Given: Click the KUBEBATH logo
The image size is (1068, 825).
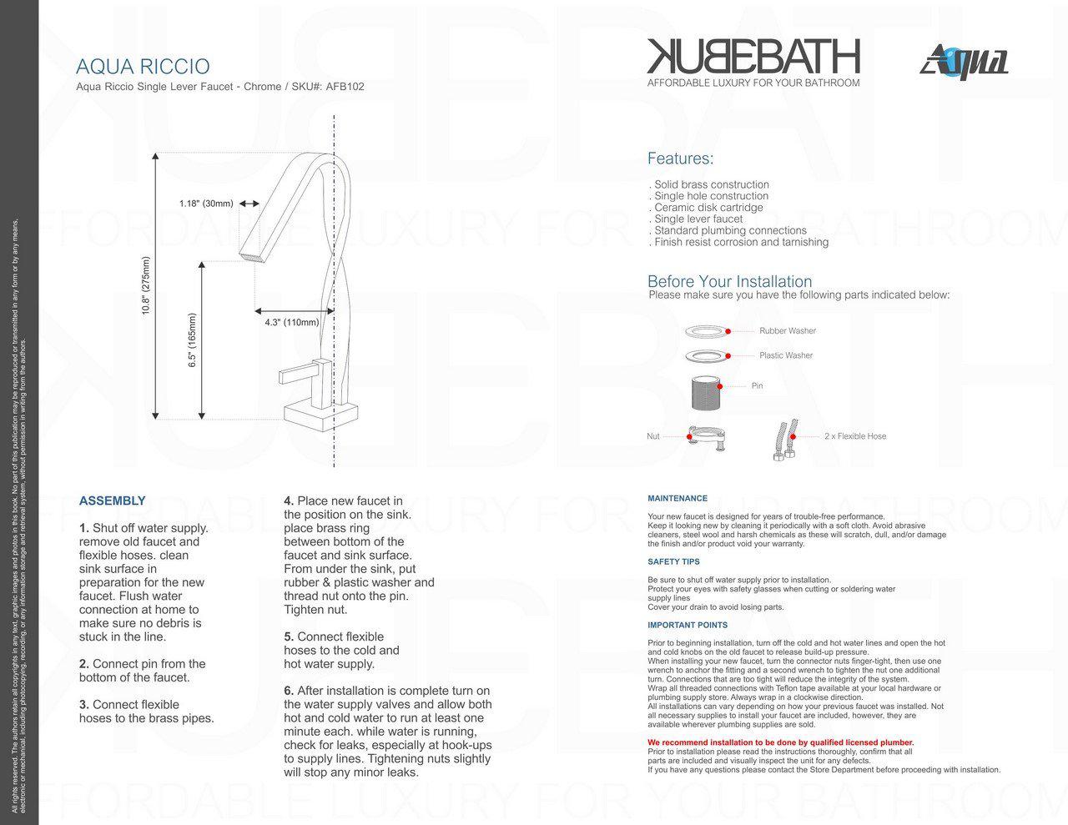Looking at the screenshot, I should [753, 57].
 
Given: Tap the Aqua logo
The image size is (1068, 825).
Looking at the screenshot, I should [965, 62].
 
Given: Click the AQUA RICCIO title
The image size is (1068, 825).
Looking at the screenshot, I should [143, 67].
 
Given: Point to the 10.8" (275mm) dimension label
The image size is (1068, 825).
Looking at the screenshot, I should [146, 285].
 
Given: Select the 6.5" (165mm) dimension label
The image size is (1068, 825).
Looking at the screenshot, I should [193, 340].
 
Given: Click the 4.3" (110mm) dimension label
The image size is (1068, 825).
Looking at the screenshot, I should [291, 322].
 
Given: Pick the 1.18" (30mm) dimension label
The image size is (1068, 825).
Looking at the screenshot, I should [206, 204].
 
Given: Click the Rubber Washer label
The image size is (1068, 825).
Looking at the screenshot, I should [788, 331].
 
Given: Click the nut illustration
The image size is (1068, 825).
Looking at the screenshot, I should [706, 435].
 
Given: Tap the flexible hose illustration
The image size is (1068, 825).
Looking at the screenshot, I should [782, 440].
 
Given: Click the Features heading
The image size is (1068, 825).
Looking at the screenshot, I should [680, 158].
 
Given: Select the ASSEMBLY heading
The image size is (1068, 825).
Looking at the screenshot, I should [112, 501].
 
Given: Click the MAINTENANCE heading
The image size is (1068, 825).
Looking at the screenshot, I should [678, 499].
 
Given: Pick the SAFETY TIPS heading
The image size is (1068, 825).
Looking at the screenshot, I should [673, 562].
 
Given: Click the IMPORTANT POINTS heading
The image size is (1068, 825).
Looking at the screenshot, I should [688, 625].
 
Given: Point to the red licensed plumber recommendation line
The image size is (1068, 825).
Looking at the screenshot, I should [780, 742].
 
